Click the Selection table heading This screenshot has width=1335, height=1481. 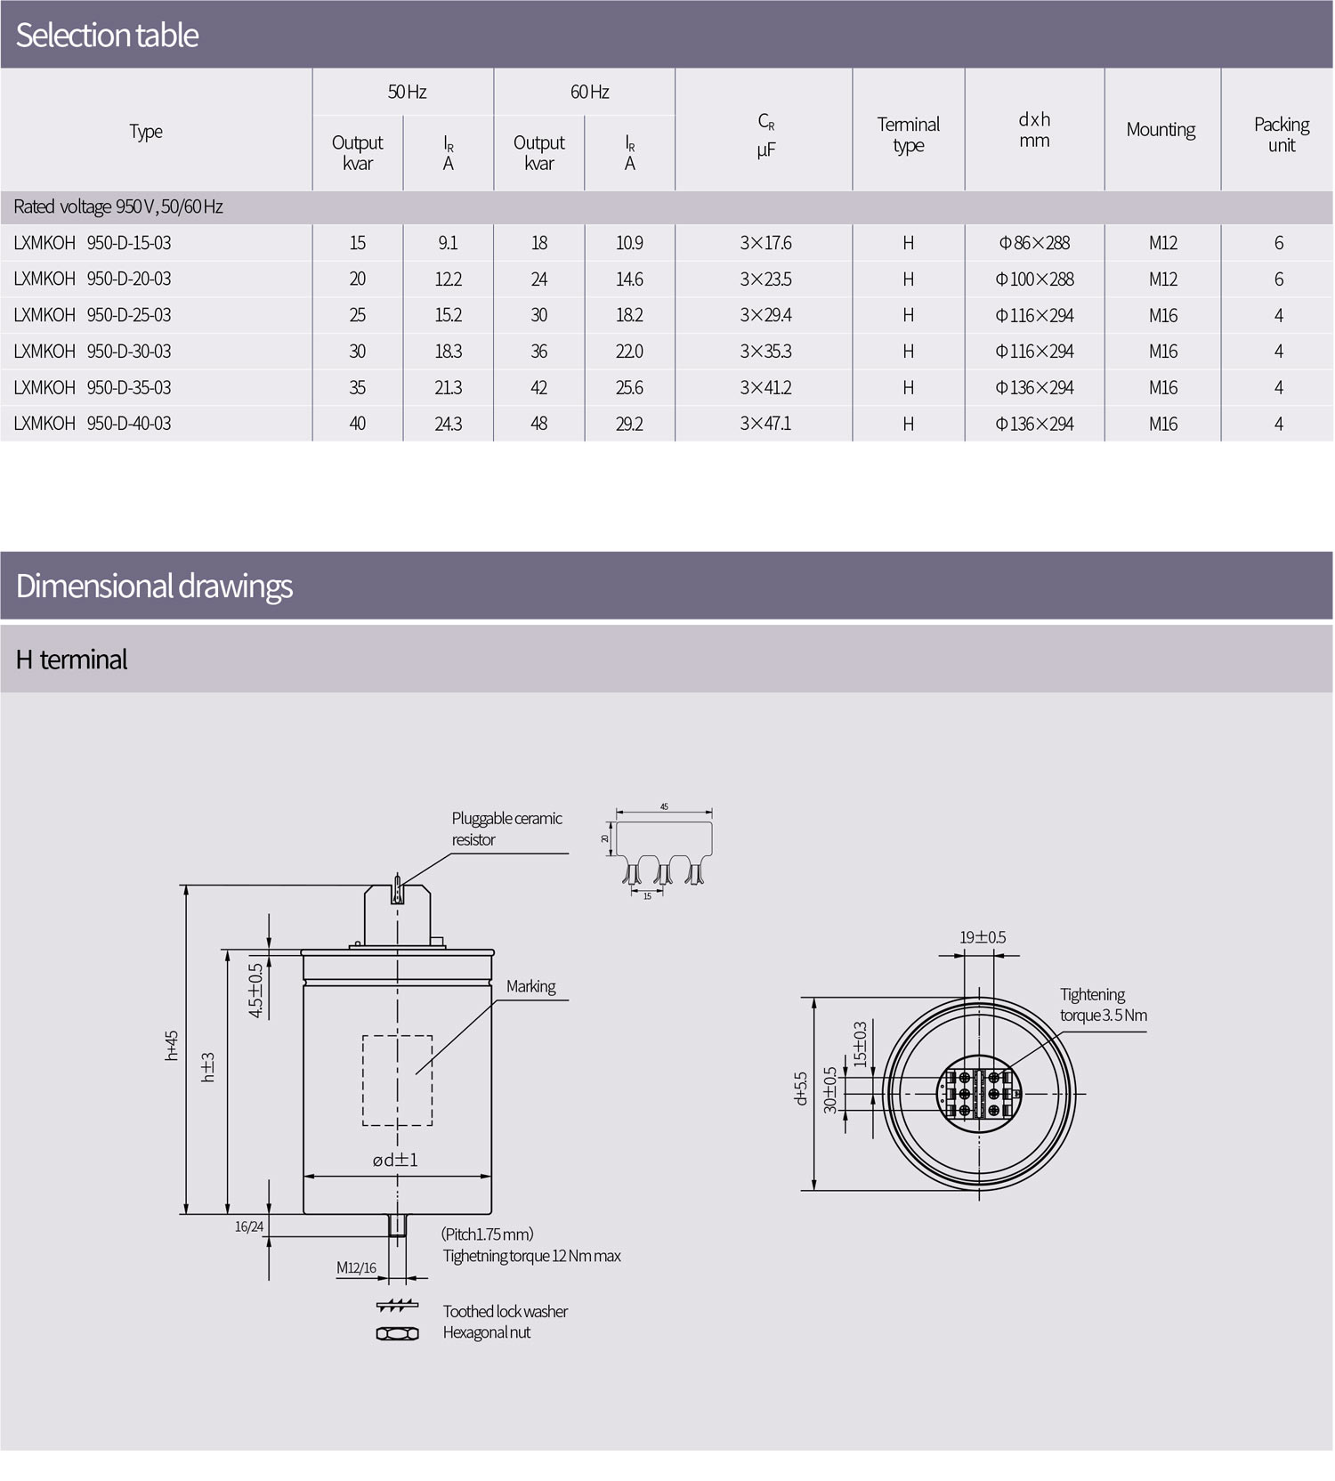pos(107,35)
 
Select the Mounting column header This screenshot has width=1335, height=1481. pos(1161,130)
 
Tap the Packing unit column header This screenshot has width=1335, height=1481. pos(1281,134)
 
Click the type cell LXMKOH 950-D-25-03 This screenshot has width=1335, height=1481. pos(93,315)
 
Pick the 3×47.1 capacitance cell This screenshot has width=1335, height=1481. pos(765,424)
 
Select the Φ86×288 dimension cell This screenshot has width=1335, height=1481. pos(1034,243)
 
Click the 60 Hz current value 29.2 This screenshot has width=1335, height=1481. pos(629,424)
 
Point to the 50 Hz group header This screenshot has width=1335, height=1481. pos(407,92)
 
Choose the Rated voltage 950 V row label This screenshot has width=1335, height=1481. pos(118,206)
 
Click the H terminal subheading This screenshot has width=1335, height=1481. pos(71,660)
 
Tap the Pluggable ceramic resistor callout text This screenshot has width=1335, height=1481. pos(506,829)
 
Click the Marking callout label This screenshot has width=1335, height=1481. pos(530,986)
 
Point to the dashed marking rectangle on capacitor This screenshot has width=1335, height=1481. pos(397,1080)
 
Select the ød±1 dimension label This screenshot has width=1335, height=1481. pos(394,1160)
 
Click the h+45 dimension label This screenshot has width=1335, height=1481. pos(172,1045)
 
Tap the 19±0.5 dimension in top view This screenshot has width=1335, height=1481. pos(983,937)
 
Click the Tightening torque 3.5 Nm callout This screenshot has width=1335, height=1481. pos(1103,1005)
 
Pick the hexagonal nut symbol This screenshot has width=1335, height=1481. pos(397,1333)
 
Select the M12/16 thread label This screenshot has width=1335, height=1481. pos(356,1267)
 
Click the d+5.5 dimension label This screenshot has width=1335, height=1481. pos(800,1088)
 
